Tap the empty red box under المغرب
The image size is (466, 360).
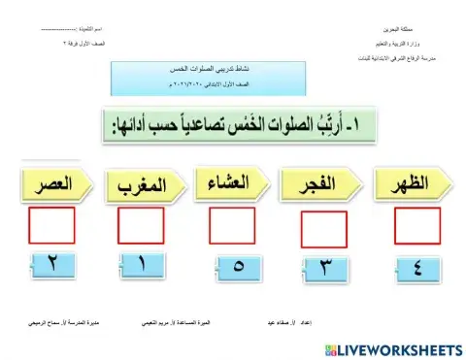[x=141, y=225]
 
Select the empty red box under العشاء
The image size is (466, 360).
[x=232, y=225]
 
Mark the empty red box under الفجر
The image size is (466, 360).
[x=323, y=229]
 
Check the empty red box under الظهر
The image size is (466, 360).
[x=416, y=224]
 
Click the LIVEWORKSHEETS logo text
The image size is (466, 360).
[x=403, y=347]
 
